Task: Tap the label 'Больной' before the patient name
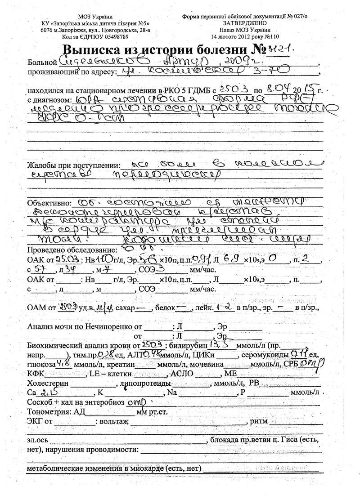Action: point(42,61)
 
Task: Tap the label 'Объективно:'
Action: point(49,202)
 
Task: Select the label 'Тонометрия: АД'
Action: point(56,411)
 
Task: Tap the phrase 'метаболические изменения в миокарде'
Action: point(95,469)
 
